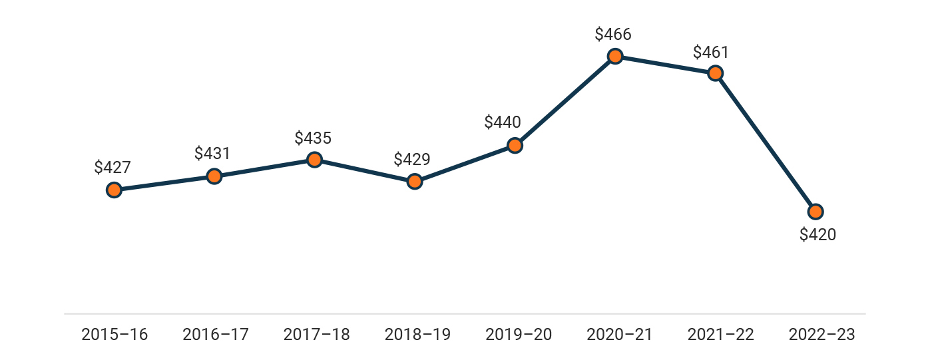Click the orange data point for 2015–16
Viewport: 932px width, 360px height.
[x=114, y=190]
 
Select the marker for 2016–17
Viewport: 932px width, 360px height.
[x=214, y=176]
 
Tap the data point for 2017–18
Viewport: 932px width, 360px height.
[x=314, y=160]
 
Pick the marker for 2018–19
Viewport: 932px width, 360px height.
[x=414, y=181]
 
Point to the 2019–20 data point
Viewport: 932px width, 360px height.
[x=515, y=145]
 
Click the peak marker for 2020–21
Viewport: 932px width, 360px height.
[x=615, y=57]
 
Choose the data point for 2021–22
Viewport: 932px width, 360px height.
[x=715, y=73]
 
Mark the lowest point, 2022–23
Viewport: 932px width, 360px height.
[x=815, y=212]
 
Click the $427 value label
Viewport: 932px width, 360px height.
[x=113, y=167]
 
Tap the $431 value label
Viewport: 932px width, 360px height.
[x=212, y=153]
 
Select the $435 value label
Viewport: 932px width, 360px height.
[x=313, y=138]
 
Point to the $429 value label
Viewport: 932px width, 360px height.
[x=412, y=160]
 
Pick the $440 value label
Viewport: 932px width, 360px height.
[x=503, y=122]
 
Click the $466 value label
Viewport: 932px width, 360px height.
[x=613, y=34]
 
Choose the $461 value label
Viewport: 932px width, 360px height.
[x=711, y=52]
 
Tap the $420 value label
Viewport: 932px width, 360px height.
[x=817, y=235]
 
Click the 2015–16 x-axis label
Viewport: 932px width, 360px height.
[x=115, y=335]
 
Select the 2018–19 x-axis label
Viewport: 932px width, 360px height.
[x=417, y=335]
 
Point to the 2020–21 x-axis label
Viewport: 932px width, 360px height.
[x=620, y=335]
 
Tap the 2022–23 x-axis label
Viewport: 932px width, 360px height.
[x=821, y=335]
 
